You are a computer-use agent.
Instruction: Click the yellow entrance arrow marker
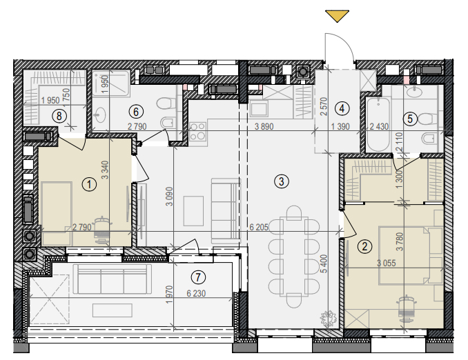click(337, 15)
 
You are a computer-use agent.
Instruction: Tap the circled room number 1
click(89, 184)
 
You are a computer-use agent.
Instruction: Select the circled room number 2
click(364, 246)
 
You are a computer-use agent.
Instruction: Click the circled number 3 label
click(282, 181)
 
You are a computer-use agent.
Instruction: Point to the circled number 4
click(342, 108)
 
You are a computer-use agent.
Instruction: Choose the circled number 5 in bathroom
click(410, 119)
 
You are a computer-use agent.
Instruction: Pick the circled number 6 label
click(136, 112)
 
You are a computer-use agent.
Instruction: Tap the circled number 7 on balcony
click(198, 277)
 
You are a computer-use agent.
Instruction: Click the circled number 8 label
click(59, 116)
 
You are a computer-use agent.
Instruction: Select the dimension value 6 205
click(259, 228)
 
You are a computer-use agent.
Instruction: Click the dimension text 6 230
click(196, 294)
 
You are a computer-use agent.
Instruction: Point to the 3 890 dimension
click(264, 126)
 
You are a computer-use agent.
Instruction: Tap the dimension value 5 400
click(324, 263)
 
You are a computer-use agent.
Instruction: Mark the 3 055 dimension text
click(387, 263)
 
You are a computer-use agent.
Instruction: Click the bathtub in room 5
click(378, 124)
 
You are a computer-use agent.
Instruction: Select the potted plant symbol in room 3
click(329, 318)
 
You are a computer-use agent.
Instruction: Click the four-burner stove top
click(197, 132)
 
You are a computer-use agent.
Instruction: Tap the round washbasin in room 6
click(99, 115)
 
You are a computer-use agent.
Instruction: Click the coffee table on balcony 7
click(113, 310)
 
